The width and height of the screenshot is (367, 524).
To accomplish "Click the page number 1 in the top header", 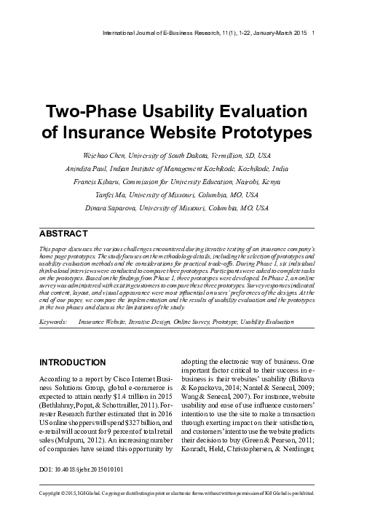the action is tap(312, 33).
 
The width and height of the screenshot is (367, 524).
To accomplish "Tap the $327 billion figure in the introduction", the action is tap(127, 420).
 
